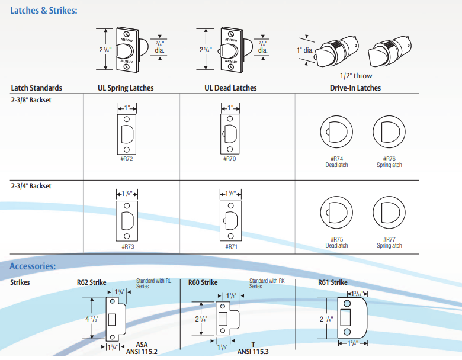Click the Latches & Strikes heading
tap(43, 10)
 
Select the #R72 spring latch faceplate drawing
tap(126, 133)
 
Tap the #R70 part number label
tap(230, 159)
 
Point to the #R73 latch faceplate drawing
tap(126, 220)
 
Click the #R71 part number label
tap(231, 246)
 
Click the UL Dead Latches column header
tap(230, 88)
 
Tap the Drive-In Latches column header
tap(355, 88)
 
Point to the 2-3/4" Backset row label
tap(31, 186)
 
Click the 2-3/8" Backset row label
tap(31, 100)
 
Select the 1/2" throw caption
tap(357, 76)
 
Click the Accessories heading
tap(33, 266)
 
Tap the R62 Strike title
tap(91, 282)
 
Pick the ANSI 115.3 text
tap(253, 351)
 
